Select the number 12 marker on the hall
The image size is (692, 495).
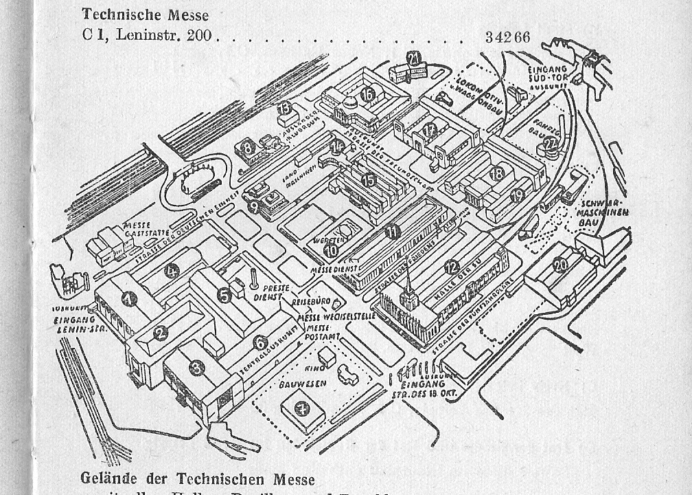451,267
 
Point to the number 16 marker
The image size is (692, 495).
368,95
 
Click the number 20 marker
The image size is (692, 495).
561,264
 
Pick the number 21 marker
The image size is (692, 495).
413,58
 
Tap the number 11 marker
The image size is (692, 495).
392,232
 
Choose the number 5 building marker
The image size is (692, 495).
224,295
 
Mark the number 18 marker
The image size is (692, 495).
497,173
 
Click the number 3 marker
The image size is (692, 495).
197,368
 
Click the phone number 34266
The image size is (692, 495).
507,37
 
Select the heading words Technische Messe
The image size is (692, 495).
145,14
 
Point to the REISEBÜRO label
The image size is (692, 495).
312,302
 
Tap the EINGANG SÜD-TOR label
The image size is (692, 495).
548,74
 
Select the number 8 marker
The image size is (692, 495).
246,146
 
